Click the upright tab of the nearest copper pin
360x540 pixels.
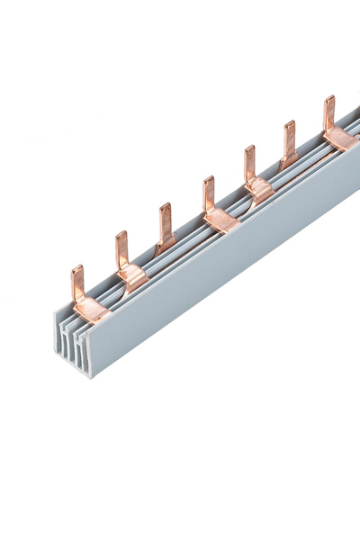point(77,282)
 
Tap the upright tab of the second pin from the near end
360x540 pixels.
point(121,248)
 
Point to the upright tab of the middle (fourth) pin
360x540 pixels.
point(209,192)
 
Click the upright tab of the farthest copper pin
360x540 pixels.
point(329,112)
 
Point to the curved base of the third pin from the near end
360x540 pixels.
point(164,246)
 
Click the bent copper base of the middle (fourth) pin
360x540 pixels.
point(221,219)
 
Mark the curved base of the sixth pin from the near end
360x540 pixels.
point(288,163)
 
